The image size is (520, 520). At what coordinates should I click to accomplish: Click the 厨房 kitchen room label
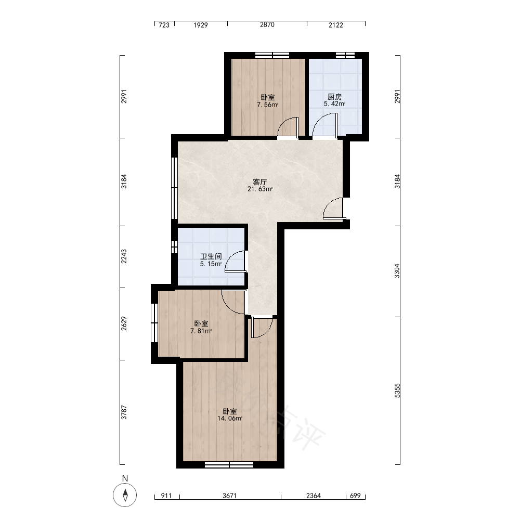click(x=334, y=97)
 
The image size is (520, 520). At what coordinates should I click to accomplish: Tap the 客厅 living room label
click(x=259, y=181)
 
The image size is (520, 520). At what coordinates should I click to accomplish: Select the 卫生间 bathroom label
click(x=211, y=256)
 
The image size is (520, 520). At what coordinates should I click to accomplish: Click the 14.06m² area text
click(x=230, y=419)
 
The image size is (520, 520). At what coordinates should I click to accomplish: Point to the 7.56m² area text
click(x=268, y=105)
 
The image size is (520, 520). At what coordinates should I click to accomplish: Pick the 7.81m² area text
click(x=201, y=331)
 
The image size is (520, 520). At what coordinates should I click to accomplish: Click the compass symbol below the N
click(x=125, y=495)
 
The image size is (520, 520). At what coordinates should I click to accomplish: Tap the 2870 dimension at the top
click(x=267, y=25)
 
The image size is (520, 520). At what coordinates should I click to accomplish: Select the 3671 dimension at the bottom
click(x=229, y=496)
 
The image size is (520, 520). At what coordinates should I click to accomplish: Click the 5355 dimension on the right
click(x=397, y=391)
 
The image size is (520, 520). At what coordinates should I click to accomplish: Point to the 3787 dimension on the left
click(x=124, y=412)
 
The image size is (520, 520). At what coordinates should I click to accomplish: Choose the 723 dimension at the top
click(x=164, y=25)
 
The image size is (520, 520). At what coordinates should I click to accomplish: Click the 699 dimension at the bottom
click(x=355, y=496)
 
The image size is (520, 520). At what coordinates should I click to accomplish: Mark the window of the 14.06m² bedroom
click(x=229, y=465)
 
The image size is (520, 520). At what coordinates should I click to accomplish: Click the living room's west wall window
click(x=174, y=188)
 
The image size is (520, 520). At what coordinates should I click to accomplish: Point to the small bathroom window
click(x=174, y=247)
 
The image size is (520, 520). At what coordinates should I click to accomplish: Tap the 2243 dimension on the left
click(x=124, y=257)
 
